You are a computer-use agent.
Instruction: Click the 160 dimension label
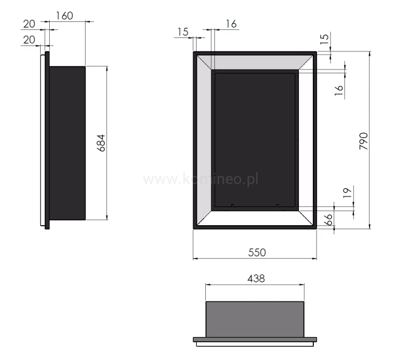[x=64, y=16]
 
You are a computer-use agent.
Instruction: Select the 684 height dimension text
[x=101, y=143]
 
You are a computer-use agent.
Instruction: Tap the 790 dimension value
[x=365, y=141]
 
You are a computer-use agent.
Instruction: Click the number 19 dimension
[x=346, y=193]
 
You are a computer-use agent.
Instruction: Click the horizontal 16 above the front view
[x=231, y=24]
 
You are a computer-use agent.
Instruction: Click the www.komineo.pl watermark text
[x=201, y=179]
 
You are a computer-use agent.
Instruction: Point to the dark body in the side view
[x=67, y=143]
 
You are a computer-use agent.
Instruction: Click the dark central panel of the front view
[x=255, y=139]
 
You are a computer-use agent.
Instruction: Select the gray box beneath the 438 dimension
[x=255, y=319]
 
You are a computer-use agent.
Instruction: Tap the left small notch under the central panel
[x=233, y=205]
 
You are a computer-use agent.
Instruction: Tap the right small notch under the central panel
[x=277, y=205]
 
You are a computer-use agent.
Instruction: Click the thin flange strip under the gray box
[x=255, y=340]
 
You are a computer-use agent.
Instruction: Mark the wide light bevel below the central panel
[x=255, y=218]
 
